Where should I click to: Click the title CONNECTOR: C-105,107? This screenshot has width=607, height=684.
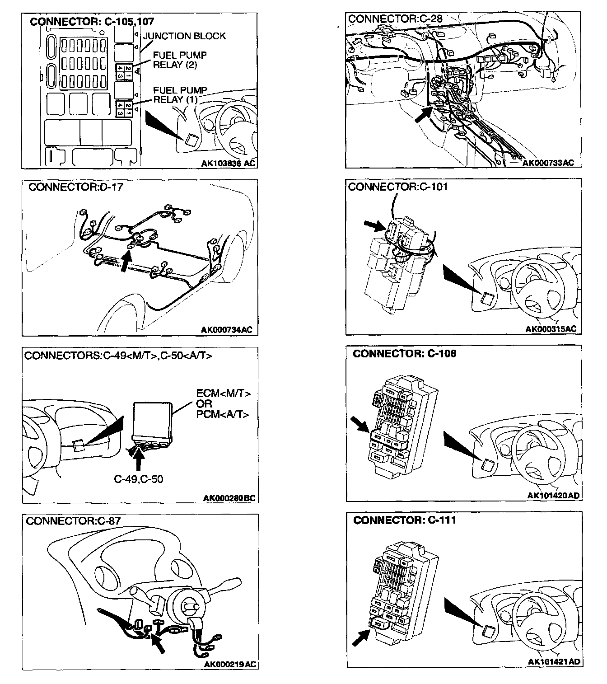92,21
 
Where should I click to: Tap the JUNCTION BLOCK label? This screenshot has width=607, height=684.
184,36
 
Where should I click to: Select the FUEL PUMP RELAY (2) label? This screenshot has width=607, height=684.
180,60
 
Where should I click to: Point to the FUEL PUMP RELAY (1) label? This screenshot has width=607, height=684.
180,94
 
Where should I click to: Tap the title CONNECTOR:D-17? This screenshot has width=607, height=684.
75,187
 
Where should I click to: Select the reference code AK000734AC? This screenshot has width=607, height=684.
226,330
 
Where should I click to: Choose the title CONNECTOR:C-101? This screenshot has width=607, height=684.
397,187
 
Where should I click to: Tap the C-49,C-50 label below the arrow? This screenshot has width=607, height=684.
138,479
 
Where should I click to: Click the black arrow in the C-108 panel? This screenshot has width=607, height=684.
361,425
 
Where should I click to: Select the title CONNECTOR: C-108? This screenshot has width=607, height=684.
405,354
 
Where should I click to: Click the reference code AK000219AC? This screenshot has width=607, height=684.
230,664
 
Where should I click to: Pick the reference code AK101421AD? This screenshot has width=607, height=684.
553,662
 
